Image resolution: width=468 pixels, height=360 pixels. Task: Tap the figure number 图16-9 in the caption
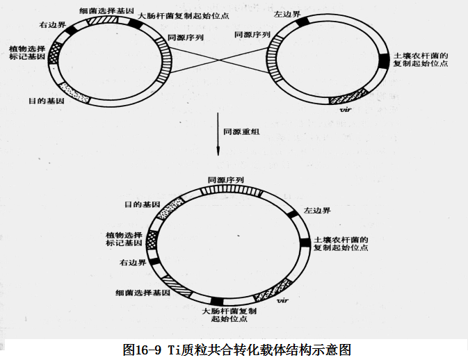pos(142,350)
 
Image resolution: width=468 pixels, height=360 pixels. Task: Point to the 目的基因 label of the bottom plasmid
pos(142,205)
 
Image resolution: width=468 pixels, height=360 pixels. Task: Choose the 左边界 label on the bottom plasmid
pos(317,211)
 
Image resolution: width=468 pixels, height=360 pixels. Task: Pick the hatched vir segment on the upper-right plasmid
pos(347,97)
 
